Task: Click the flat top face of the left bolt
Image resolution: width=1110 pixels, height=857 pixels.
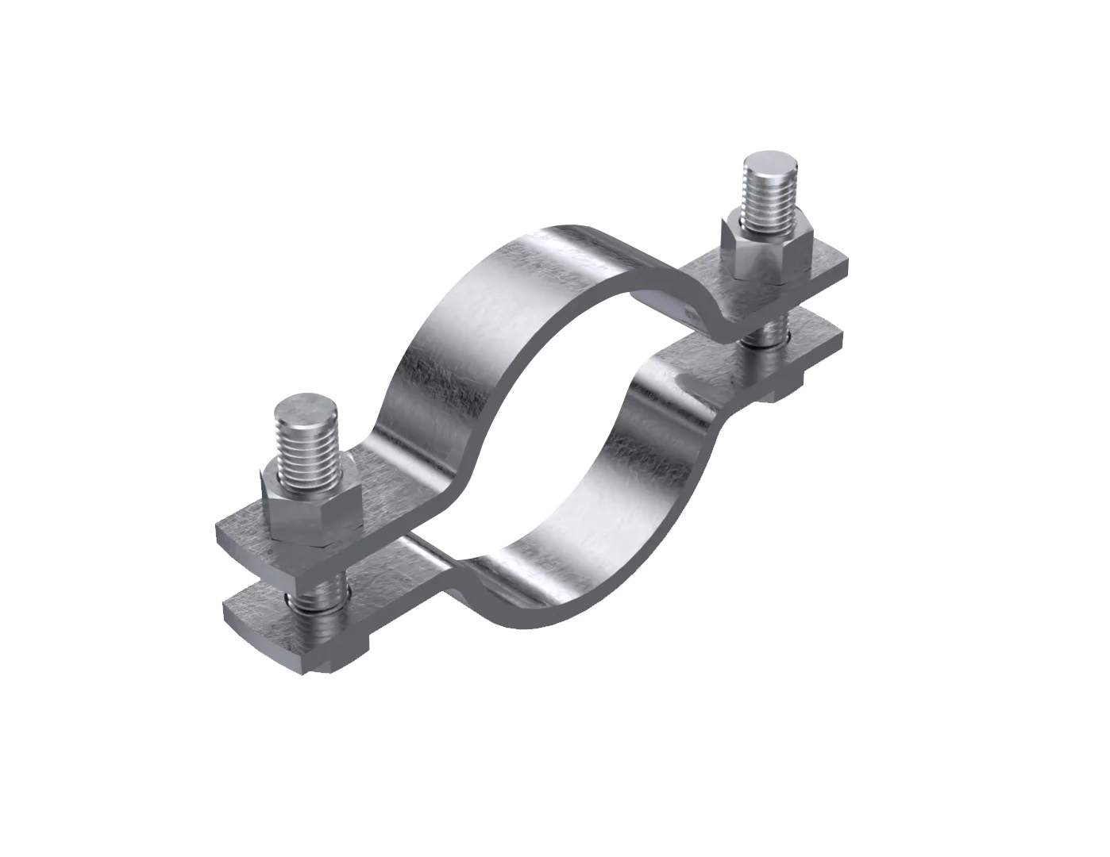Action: pyautogui.click(x=308, y=408)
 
